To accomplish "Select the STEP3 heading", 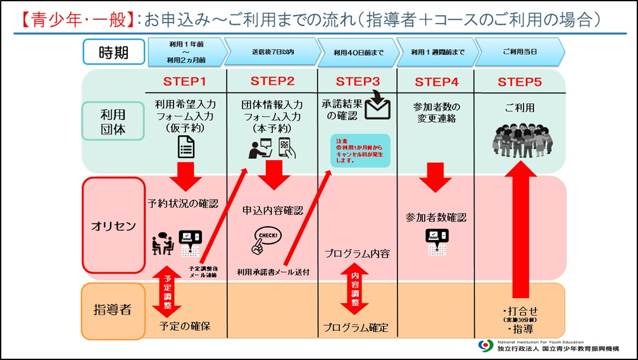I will coord(358,82).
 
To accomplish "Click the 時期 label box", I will coord(113,52).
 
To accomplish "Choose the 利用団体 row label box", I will coord(114,121).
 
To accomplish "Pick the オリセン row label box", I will coord(114,225).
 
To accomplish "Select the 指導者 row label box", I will coord(113,310).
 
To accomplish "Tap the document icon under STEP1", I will coord(185,147).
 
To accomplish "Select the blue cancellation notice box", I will coord(360,151).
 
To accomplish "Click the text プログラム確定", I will coord(356,328).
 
